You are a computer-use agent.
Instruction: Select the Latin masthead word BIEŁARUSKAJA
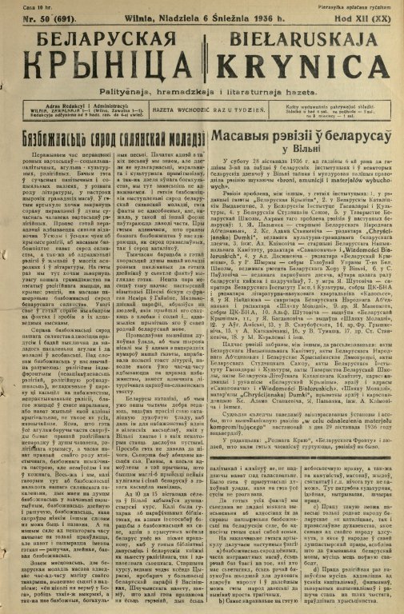tap(299, 37)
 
